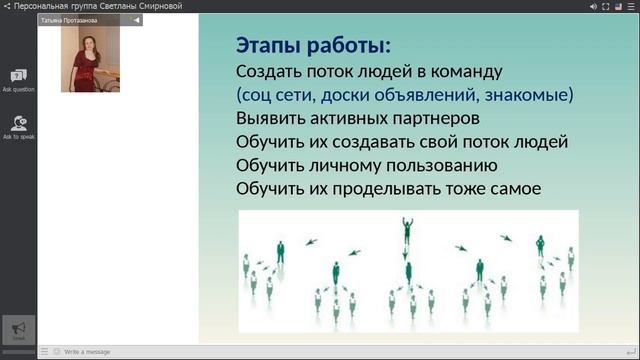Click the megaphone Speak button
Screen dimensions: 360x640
click(18, 329)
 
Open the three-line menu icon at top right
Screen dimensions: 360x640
click(632, 5)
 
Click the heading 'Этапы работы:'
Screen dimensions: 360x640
click(313, 45)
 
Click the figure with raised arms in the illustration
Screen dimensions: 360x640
click(407, 230)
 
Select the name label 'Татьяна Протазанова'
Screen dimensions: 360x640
click(69, 19)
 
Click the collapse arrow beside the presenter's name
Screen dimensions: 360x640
click(137, 19)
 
